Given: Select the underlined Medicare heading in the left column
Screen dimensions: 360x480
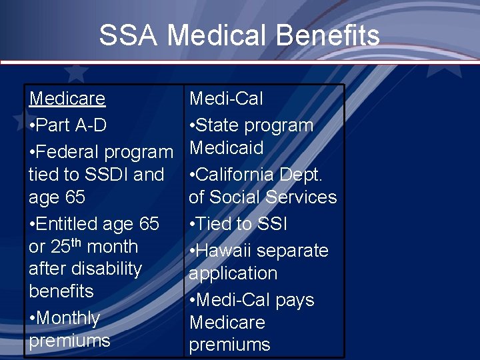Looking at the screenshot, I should coord(67,99).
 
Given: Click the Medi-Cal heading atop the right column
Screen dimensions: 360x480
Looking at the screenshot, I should coord(226,99).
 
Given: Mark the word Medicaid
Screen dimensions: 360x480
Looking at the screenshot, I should coord(226,148).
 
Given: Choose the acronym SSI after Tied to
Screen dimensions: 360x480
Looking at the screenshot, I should coord(273,224).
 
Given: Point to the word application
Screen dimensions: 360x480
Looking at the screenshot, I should coord(233,273).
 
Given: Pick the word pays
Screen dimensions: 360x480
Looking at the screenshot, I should coord(293,300).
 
